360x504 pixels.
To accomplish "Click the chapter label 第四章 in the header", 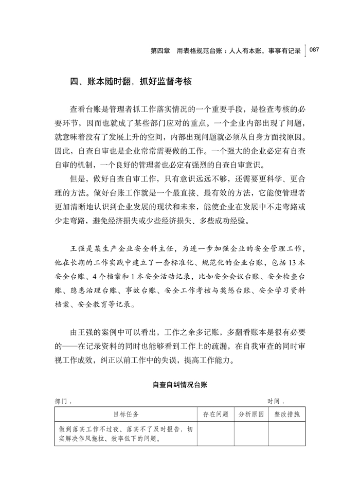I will pyautogui.click(x=160, y=51).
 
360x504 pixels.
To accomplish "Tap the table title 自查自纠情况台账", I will pyautogui.click(x=180, y=384).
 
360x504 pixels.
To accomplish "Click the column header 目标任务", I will pyautogui.click(x=125, y=413).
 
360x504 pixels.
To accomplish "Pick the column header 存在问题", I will pyautogui.click(x=215, y=413).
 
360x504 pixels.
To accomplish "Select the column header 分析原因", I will pyautogui.click(x=251, y=413).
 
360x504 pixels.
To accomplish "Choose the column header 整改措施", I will pyautogui.click(x=286, y=413).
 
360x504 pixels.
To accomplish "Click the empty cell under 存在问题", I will pyautogui.click(x=215, y=433).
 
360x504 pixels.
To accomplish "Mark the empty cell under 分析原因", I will pyautogui.click(x=251, y=433).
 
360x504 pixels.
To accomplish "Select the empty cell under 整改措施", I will pyautogui.click(x=286, y=433).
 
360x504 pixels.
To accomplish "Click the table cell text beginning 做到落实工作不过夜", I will pyautogui.click(x=126, y=428).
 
